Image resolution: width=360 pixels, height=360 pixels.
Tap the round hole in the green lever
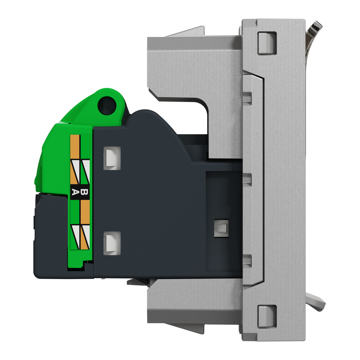coord(107,105)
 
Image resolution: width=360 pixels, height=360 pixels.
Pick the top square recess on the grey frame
coord(267,43)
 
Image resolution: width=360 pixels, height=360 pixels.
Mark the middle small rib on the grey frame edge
coord(247,178)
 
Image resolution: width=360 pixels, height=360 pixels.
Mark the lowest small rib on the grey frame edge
coord(247,259)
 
